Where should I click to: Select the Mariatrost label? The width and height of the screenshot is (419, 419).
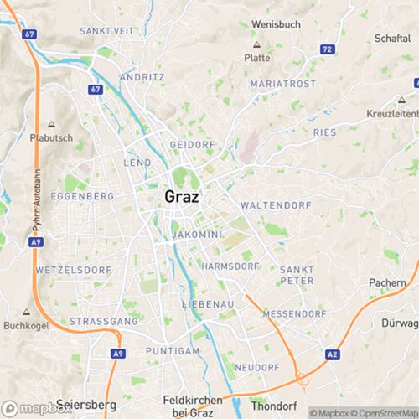[x=284, y=85]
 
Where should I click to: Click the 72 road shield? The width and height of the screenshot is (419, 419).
[x=327, y=51]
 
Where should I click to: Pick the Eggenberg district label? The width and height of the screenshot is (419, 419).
[x=82, y=195]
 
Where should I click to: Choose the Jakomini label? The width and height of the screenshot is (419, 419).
[x=195, y=235]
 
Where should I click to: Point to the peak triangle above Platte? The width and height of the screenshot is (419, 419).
[x=256, y=44]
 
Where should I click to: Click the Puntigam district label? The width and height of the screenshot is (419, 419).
[x=172, y=349]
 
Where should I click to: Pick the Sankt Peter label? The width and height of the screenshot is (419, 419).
[x=297, y=274]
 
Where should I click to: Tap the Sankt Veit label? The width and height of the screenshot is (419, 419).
[x=108, y=30]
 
